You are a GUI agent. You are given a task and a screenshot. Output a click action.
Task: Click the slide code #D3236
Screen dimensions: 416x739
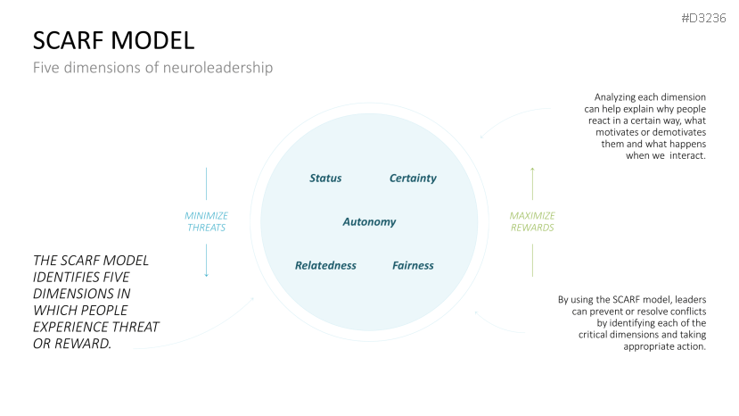tap(703, 17)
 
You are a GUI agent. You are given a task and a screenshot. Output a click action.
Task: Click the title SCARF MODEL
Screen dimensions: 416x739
tap(113, 40)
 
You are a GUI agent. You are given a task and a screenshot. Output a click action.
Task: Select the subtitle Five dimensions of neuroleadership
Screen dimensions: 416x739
tap(152, 68)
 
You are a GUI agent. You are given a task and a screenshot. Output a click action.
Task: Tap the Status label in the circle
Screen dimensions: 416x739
tap(325, 179)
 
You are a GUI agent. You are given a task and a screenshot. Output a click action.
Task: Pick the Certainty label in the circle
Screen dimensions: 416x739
tap(413, 179)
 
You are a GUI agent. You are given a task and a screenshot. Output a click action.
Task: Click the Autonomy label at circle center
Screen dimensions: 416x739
tap(369, 221)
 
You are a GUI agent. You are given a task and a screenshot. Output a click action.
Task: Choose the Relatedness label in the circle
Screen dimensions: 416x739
tap(325, 265)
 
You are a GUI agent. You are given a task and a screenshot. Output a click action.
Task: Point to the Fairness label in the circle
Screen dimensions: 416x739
tap(413, 265)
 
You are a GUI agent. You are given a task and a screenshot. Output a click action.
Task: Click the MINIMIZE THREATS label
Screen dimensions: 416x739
tap(206, 221)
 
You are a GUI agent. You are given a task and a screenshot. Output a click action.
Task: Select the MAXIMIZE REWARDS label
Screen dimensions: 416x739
tap(532, 221)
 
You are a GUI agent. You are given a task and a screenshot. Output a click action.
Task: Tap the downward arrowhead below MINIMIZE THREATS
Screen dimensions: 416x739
tap(206, 274)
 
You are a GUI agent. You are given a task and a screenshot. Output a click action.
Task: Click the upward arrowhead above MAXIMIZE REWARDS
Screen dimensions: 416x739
tap(532, 169)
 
